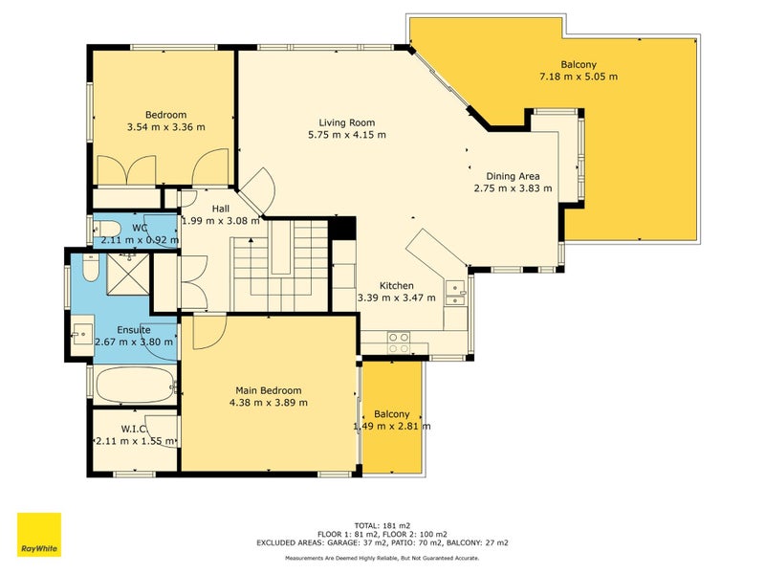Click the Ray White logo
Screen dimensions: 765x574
coord(39,534)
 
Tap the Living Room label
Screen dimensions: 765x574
coord(347,122)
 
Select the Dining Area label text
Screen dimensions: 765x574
coord(513,176)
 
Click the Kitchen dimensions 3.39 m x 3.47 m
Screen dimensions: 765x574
coord(396,298)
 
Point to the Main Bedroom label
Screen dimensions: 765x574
coord(269,390)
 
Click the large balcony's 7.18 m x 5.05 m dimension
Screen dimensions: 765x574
coord(579,77)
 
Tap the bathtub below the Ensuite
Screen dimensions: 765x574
coord(136,386)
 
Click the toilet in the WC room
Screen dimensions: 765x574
coord(107,228)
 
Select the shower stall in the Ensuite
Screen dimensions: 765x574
coord(128,274)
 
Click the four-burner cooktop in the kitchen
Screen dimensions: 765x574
coord(399,342)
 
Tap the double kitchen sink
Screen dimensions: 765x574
coord(455,293)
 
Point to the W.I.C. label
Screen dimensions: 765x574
coord(134,429)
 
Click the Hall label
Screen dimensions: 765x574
coord(221,209)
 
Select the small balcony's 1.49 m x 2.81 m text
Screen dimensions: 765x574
coord(392,426)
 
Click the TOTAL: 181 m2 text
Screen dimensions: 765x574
coord(382,525)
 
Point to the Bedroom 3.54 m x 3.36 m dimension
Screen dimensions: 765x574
coord(165,127)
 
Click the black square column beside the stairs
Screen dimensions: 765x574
coord(342,228)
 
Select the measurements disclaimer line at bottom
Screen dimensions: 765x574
coord(382,558)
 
